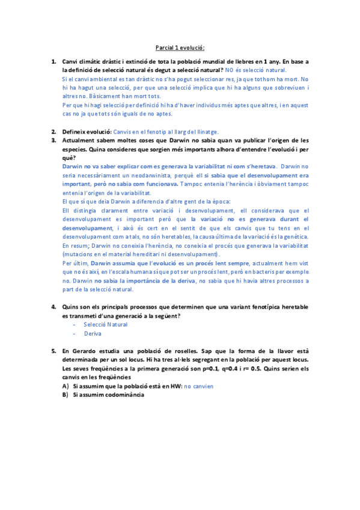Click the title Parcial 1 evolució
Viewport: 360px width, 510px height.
click(x=180, y=48)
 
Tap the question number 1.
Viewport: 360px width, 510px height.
click(x=54, y=61)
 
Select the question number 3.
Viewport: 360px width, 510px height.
click(x=54, y=140)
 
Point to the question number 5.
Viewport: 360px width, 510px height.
click(x=54, y=350)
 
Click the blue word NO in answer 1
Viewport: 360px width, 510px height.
click(x=230, y=70)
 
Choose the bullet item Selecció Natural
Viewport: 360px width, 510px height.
click(x=106, y=324)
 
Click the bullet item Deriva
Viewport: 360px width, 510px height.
click(x=93, y=333)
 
